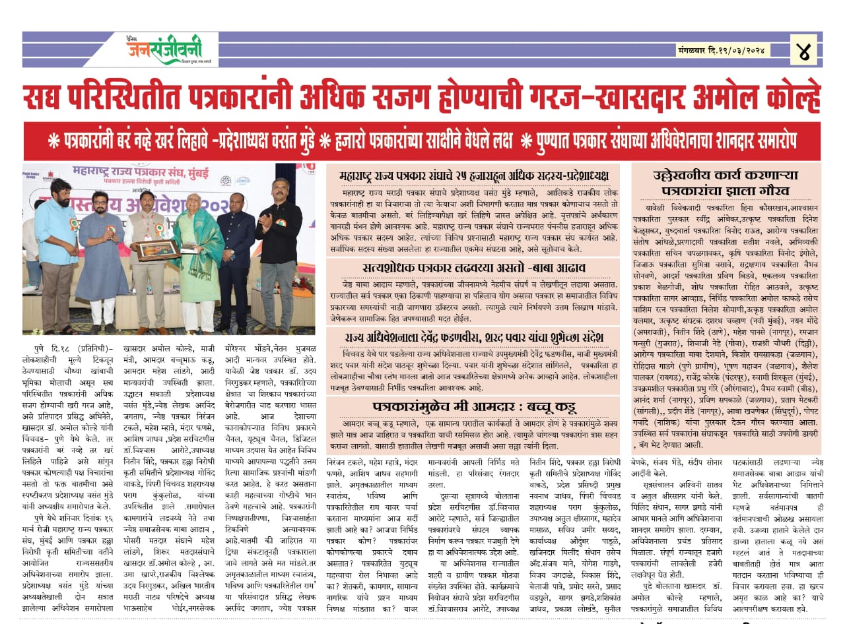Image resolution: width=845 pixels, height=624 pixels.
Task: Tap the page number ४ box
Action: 803,49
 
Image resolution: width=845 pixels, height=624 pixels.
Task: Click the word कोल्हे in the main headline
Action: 787,98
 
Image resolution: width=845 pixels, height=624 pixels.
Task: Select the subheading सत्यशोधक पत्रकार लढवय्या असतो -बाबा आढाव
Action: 473,268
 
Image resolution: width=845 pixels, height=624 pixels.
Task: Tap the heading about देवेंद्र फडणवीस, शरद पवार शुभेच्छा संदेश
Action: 473,338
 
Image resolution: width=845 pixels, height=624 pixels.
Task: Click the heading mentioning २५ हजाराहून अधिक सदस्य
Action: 473,176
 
